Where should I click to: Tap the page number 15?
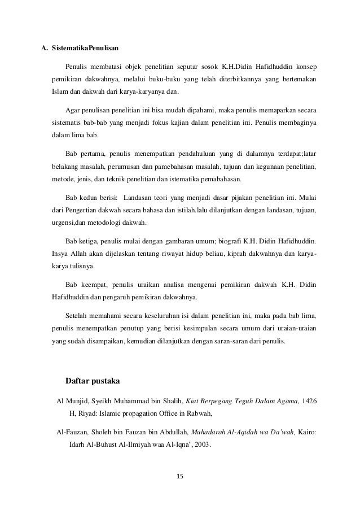(x=180, y=476)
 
